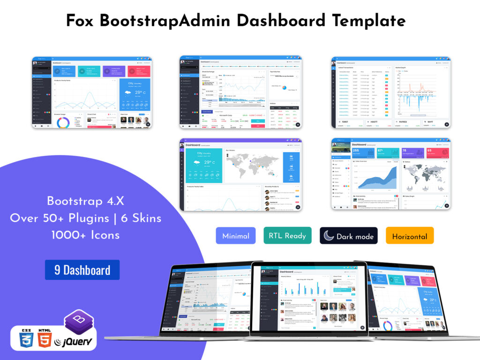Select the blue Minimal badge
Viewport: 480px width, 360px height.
coord(236,236)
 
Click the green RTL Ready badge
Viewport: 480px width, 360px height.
coord(288,236)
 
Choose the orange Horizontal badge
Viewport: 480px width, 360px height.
coord(409,236)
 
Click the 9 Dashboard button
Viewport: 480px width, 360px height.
coord(82,270)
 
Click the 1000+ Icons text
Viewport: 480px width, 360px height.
coord(85,235)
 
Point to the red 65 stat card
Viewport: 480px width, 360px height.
coord(438,153)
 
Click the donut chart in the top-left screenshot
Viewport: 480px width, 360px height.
coord(62,123)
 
